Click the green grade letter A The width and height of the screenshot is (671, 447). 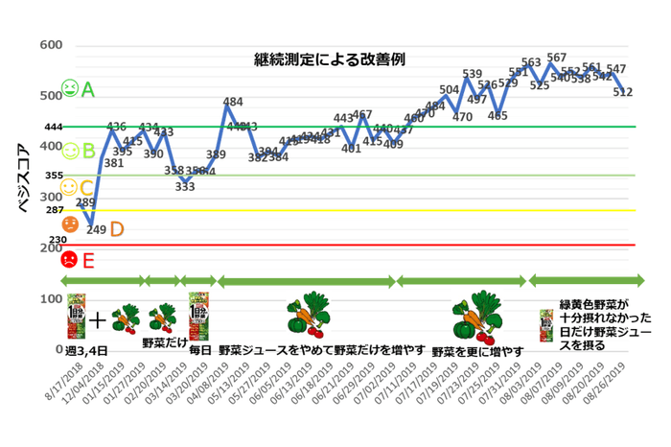pos(88,90)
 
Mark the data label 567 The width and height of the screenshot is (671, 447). pos(556,58)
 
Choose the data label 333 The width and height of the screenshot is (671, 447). pos(185,186)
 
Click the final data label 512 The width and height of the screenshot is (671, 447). pos(623,92)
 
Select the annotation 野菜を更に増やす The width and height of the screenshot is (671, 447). pos(477,352)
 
